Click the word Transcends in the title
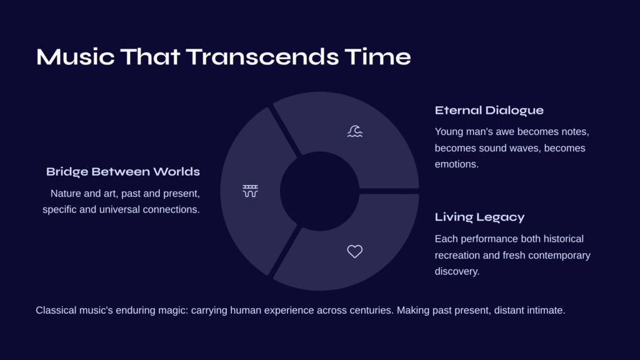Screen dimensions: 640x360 (262, 57)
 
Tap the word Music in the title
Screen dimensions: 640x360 (76, 57)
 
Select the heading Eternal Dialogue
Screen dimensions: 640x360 (489, 111)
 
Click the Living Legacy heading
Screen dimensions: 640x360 (479, 217)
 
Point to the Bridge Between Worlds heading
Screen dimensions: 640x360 (123, 171)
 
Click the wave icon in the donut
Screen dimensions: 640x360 (355, 131)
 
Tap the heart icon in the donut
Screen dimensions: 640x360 (355, 251)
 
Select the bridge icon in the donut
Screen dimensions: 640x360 (250, 191)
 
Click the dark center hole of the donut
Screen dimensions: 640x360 (319, 191)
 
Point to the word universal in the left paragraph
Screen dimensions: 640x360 (118, 209)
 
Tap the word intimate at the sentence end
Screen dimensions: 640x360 (546, 311)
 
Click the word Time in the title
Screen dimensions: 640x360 (377, 57)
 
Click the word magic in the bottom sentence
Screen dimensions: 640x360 (173, 311)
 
